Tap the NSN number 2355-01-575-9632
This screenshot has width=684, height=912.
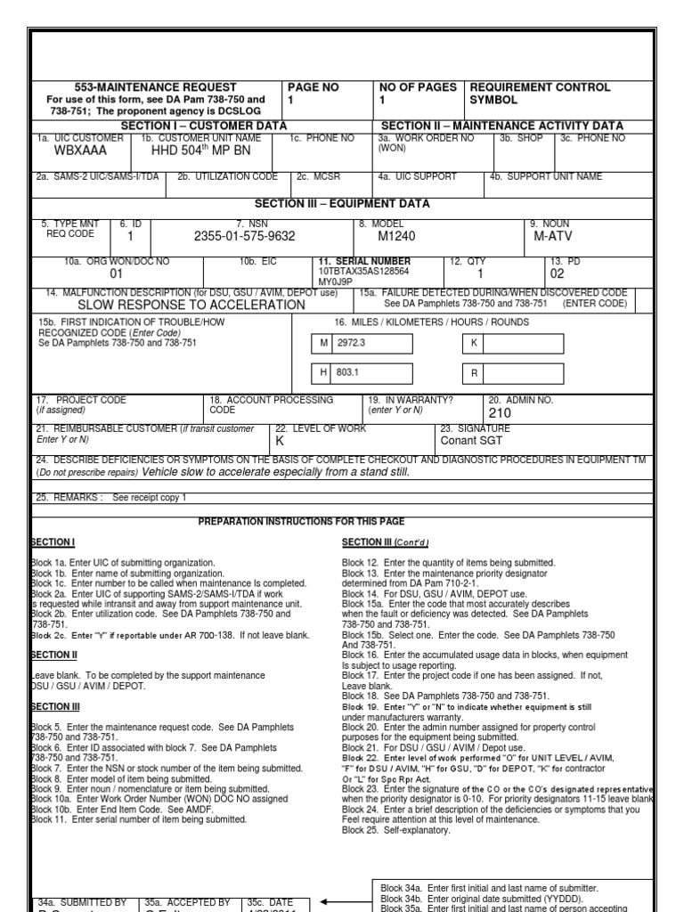[x=244, y=236]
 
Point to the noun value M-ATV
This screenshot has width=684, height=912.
[x=551, y=236]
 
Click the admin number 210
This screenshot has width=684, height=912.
[x=501, y=413]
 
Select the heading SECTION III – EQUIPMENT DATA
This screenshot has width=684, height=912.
[x=342, y=204]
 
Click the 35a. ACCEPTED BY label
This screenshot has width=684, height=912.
[x=187, y=901]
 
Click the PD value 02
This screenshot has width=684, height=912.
[x=558, y=274]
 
